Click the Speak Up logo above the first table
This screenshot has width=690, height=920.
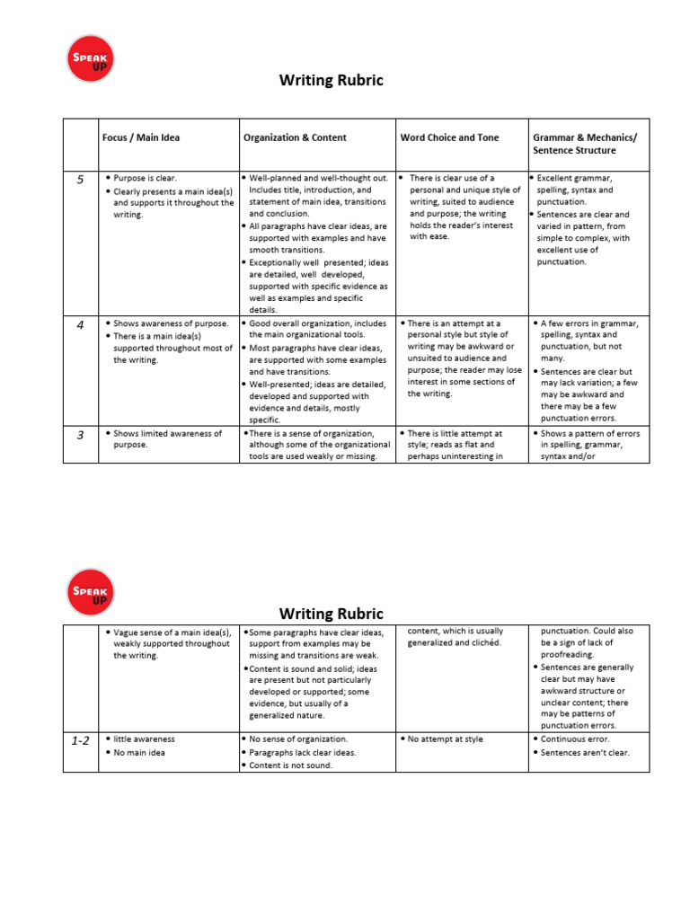(x=92, y=57)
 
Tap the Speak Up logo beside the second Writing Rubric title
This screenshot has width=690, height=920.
(x=92, y=591)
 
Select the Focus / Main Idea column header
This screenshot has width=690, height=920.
(x=141, y=137)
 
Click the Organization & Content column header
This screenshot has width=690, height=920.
(x=295, y=137)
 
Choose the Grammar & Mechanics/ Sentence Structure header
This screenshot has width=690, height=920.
(x=585, y=144)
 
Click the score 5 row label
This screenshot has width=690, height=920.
(x=80, y=180)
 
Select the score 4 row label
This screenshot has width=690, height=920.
(x=80, y=325)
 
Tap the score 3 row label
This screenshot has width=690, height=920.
(x=80, y=436)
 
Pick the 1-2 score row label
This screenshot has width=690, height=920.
(x=80, y=741)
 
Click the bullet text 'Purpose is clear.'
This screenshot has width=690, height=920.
(x=145, y=179)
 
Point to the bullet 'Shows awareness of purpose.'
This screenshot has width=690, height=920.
(x=171, y=323)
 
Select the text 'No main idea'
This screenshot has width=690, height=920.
(x=140, y=753)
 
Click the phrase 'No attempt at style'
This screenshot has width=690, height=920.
(x=445, y=739)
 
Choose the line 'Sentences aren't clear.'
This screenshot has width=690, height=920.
(x=585, y=753)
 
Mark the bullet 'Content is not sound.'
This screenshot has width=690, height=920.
(x=290, y=765)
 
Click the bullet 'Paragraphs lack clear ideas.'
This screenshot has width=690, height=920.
(x=302, y=753)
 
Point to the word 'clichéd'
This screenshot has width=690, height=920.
(x=484, y=643)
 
